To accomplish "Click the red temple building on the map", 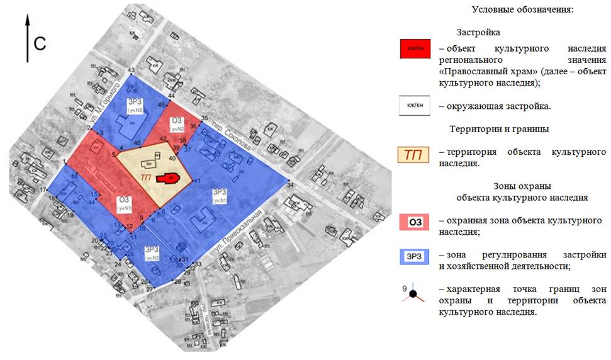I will coord(167,178).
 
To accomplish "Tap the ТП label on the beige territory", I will coord(146,178).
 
